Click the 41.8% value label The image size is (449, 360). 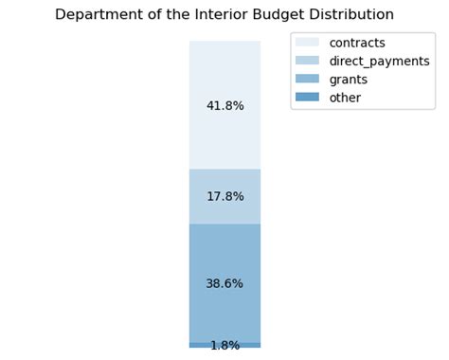coord(225,106)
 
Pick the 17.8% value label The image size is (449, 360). coord(225,197)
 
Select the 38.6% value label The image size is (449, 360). coord(225,283)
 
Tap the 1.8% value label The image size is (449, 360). coord(225,346)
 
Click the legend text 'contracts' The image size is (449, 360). coord(357,43)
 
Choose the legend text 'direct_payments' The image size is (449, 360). coord(379,61)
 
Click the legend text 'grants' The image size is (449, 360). coord(350,79)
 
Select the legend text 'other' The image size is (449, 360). coord(345,97)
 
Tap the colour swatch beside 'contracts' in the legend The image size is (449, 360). coord(308,43)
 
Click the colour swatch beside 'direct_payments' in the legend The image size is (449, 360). coord(308,61)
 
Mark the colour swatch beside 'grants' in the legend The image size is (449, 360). coord(308,79)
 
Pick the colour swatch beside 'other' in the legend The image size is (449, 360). coord(308,97)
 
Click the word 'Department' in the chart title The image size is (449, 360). coord(96,15)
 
